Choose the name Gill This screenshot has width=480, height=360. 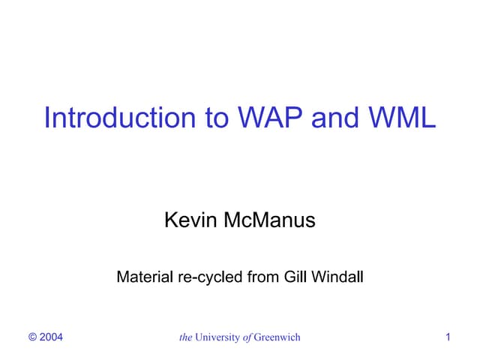pos(297,277)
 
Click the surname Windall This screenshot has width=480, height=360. pos(338,277)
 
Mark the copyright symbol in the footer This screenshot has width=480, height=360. pos(32,337)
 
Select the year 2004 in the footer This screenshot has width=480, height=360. pos(51,337)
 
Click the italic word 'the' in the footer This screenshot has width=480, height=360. pos(186,337)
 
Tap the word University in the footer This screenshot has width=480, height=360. pos(219,337)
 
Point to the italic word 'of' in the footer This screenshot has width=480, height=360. pos(248,337)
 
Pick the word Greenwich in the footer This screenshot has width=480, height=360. pos(277,337)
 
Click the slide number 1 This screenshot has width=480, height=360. pos(448,337)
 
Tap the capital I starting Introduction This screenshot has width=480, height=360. pos(47,118)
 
